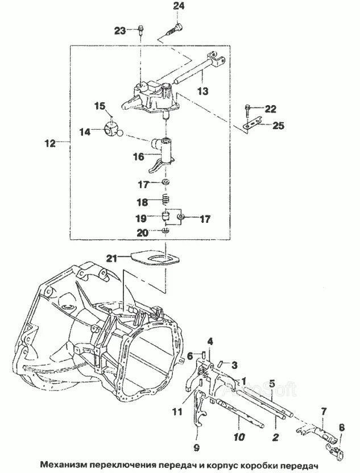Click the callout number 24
click(x=179, y=6)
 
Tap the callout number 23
click(x=119, y=31)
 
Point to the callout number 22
click(x=270, y=109)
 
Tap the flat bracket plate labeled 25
click(x=251, y=123)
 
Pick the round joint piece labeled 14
click(x=113, y=130)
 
